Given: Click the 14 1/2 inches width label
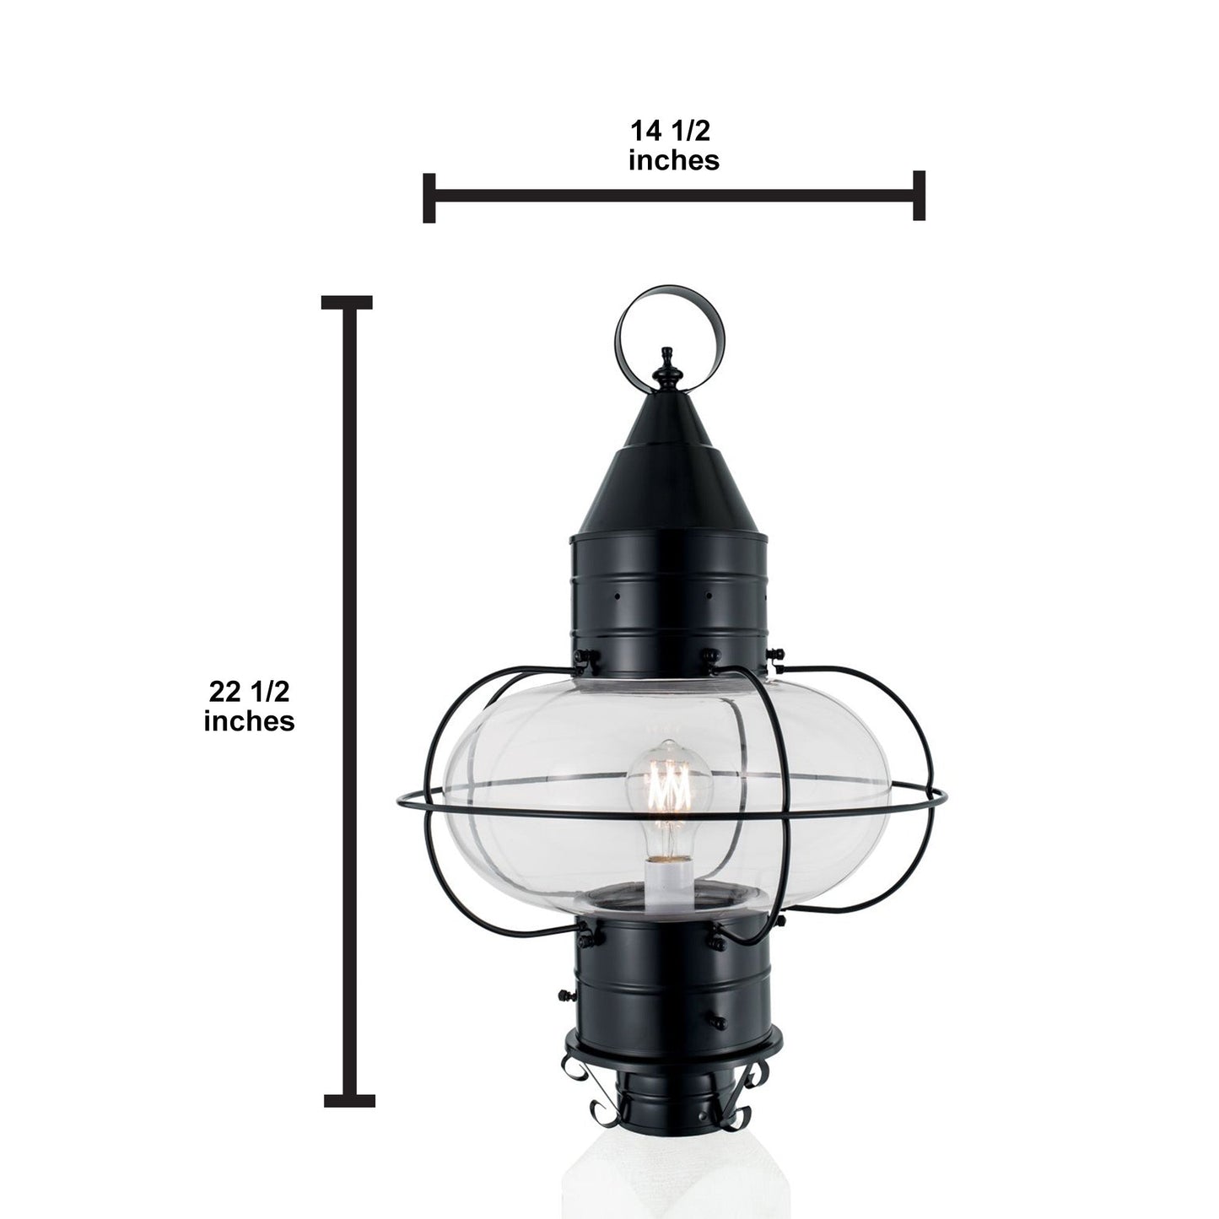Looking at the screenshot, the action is [x=673, y=146].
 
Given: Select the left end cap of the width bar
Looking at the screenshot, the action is [x=429, y=198].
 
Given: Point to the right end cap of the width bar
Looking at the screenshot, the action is [x=919, y=196].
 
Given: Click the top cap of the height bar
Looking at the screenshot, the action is [x=347, y=302].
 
